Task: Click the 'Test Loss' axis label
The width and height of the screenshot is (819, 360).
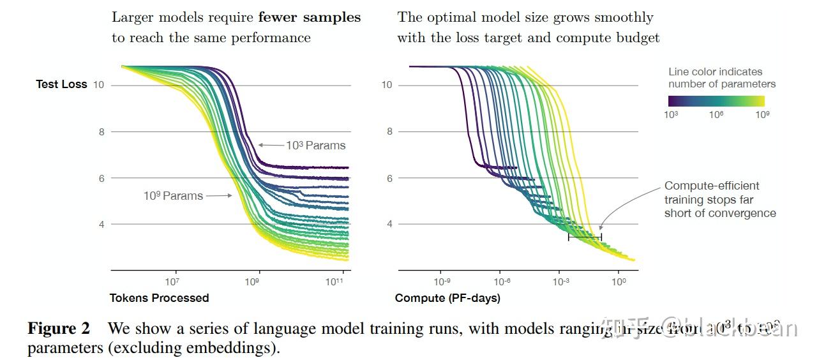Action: point(61,84)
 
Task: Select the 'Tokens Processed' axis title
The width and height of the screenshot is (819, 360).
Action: point(159,298)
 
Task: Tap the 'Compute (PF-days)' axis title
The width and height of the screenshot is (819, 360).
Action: point(447,298)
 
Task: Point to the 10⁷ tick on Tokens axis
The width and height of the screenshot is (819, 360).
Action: point(172,281)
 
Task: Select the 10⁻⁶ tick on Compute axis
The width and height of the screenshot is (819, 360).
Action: point(500,281)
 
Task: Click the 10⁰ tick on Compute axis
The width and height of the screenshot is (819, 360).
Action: point(618,281)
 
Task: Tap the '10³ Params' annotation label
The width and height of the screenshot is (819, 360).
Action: point(315,146)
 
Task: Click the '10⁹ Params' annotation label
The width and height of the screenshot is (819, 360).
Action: point(173,196)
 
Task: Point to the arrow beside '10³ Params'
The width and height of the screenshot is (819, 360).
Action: point(271,146)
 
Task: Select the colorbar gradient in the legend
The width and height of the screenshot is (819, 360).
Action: point(716,101)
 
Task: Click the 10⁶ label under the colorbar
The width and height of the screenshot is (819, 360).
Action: point(716,114)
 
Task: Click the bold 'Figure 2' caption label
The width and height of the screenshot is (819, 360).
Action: point(59,329)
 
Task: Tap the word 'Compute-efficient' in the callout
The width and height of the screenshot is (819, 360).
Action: point(712,186)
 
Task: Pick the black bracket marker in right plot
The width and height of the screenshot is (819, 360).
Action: point(585,237)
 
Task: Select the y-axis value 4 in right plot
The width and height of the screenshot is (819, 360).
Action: point(387,224)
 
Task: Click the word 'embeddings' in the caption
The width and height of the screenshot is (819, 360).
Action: point(238,349)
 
